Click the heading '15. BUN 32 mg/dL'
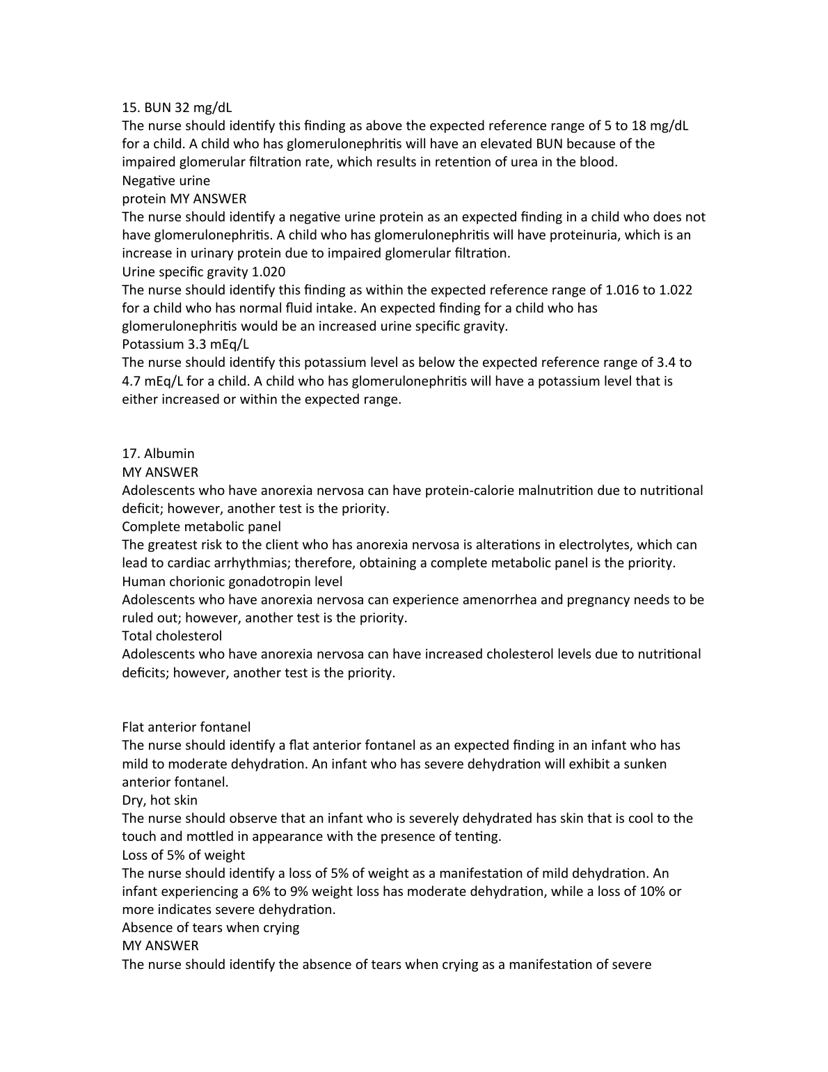[177, 107]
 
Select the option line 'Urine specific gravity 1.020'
[203, 271]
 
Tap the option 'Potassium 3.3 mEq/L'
[185, 344]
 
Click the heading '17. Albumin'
[158, 453]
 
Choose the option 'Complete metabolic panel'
[201, 526]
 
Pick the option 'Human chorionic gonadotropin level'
[232, 581]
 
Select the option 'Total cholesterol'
[172, 636]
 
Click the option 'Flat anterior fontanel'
[186, 727]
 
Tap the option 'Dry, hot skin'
[159, 800]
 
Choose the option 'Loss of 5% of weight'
[183, 855]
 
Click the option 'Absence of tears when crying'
[210, 927]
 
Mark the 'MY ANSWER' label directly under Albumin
[159, 472]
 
